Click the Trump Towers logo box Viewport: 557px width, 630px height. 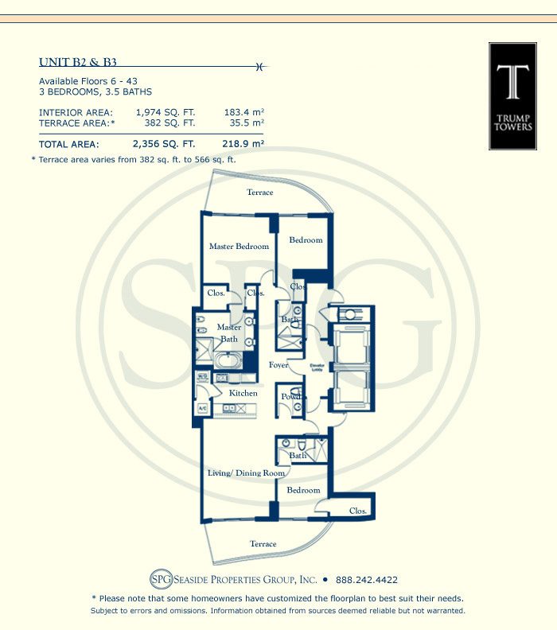[x=512, y=96]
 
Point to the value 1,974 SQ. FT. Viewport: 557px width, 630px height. [x=165, y=112]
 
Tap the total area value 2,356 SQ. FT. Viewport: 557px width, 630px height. [x=165, y=144]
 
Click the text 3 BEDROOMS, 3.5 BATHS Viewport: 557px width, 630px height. [x=95, y=92]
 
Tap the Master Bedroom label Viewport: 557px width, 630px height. [x=239, y=247]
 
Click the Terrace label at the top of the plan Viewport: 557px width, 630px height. [x=259, y=192]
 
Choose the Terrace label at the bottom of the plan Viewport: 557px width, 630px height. [x=263, y=544]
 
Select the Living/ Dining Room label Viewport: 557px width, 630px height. [x=246, y=473]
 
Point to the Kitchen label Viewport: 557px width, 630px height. [x=243, y=393]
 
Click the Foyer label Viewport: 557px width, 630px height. [x=278, y=365]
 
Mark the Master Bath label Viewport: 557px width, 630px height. [x=229, y=332]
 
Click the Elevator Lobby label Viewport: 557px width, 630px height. [x=318, y=367]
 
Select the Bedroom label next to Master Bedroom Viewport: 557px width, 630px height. [x=306, y=240]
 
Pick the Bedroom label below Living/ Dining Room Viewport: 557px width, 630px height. [x=303, y=491]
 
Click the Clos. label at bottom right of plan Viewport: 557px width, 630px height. [x=358, y=511]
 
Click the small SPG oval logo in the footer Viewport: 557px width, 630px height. [x=161, y=579]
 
